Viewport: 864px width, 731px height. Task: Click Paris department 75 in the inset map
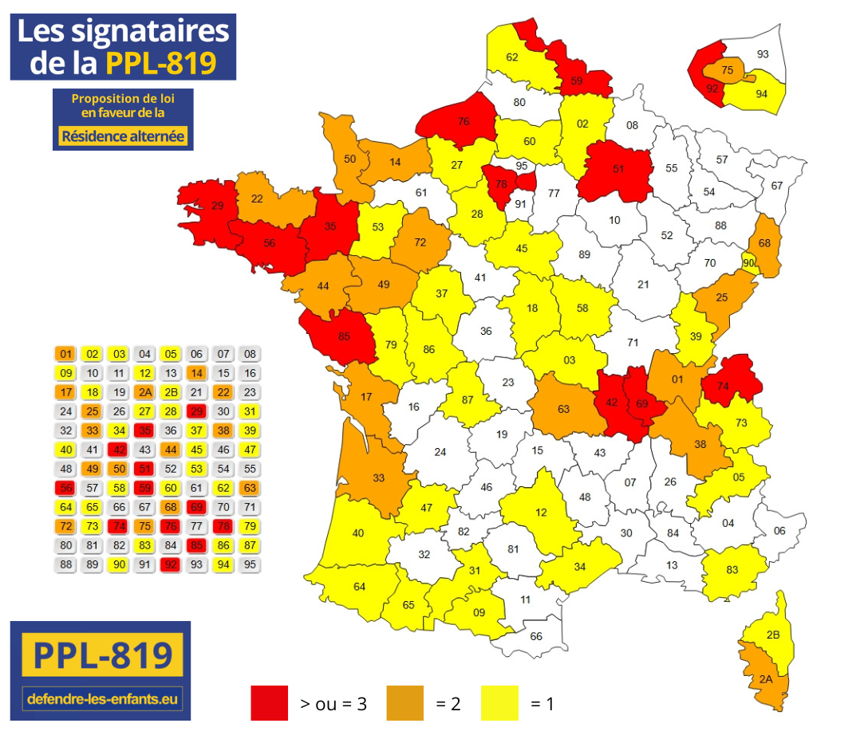pos(727,70)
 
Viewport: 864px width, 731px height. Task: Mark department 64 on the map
pos(359,588)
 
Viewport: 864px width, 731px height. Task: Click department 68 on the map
pos(765,243)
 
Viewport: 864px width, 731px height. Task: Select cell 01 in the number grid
pos(66,354)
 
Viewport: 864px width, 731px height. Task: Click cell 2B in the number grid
pos(169,392)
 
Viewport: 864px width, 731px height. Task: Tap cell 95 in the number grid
pos(249,564)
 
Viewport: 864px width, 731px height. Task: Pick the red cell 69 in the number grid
pos(195,507)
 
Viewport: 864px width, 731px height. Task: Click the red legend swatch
pos(269,702)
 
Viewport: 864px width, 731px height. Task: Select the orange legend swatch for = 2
pos(404,702)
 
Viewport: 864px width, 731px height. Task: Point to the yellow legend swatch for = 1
pos(499,702)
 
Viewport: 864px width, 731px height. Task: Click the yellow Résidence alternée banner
pos(123,136)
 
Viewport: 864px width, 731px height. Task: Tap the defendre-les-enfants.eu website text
pos(103,699)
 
